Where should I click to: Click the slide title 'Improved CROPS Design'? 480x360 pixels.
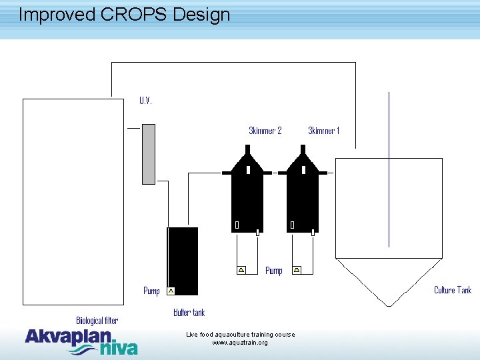click(x=124, y=15)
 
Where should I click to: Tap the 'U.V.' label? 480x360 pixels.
click(x=145, y=101)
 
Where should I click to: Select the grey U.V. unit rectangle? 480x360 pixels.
click(x=149, y=153)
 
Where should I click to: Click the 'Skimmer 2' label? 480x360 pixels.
click(x=265, y=131)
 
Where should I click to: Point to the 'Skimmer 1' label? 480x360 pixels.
click(x=323, y=131)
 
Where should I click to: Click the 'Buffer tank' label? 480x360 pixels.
click(x=189, y=313)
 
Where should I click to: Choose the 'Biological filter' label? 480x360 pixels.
click(x=97, y=321)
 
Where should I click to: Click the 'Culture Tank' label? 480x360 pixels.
click(x=452, y=290)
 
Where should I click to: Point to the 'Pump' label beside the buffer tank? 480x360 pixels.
click(x=151, y=291)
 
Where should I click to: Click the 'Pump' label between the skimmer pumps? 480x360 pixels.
click(x=274, y=271)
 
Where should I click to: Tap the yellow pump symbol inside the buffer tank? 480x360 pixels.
click(x=171, y=291)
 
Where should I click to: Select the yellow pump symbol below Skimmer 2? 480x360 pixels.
click(x=241, y=270)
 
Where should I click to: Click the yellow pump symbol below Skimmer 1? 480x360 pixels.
click(x=297, y=270)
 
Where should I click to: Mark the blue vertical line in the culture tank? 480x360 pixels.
click(x=389, y=167)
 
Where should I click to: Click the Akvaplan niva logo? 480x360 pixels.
click(x=81, y=341)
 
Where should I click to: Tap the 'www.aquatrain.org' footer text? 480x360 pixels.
click(x=240, y=343)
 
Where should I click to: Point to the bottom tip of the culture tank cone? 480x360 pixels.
click(x=389, y=305)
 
